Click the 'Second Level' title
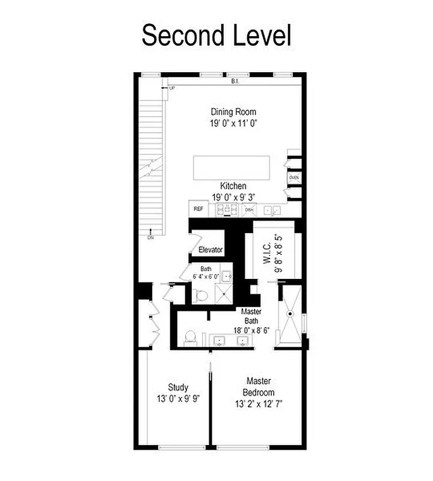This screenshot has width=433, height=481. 216,36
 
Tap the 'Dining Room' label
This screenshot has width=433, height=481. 233,112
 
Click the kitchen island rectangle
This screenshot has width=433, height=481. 232,167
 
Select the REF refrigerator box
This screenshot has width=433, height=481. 198,209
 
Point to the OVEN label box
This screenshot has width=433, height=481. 294,178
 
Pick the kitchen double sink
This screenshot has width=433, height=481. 272,210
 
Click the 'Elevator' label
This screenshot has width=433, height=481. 211,250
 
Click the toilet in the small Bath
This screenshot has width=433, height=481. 202,294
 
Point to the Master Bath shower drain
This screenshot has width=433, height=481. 290,313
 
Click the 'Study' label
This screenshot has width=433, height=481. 178,387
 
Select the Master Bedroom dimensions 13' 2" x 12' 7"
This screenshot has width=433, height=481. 259,404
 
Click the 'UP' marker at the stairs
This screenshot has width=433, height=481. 172,88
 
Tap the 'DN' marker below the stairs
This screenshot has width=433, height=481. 150,237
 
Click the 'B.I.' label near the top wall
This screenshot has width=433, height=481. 235,80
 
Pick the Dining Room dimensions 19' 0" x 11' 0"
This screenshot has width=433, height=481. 233,123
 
